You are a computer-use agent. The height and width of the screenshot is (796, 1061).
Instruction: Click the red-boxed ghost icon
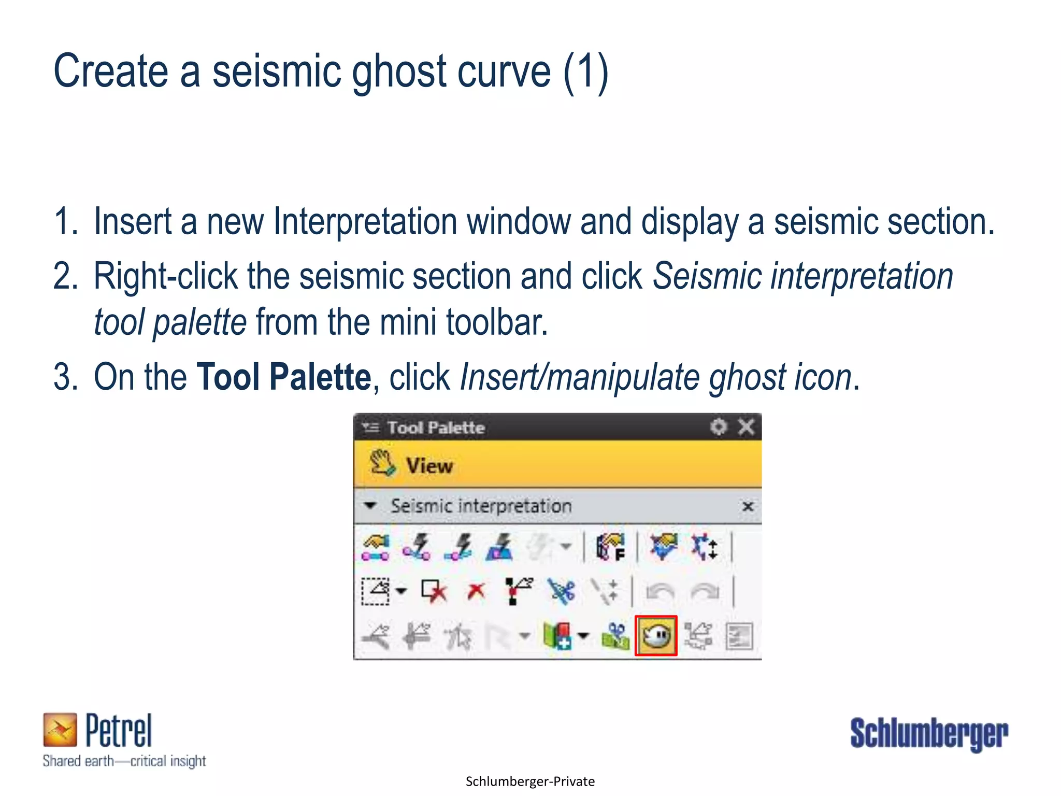(656, 635)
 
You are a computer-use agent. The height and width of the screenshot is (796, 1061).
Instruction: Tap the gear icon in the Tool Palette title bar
(719, 427)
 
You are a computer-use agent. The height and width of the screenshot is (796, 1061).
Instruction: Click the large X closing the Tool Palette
(746, 427)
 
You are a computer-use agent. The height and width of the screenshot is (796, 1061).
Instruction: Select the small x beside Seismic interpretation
(748, 506)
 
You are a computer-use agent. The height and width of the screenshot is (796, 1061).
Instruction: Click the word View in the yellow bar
(429, 465)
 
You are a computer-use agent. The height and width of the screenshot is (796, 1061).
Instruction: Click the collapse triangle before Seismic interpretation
(370, 505)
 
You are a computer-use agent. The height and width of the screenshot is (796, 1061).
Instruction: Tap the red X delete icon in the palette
(476, 591)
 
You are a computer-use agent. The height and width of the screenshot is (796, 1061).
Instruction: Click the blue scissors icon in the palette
(562, 591)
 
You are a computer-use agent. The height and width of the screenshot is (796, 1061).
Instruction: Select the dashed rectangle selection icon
(375, 591)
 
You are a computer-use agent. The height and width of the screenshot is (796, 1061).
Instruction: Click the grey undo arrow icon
(660, 591)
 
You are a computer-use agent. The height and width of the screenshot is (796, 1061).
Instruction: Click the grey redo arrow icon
(706, 591)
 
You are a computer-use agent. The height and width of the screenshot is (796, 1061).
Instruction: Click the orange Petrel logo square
(60, 729)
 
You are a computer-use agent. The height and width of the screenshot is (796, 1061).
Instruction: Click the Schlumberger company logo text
(929, 733)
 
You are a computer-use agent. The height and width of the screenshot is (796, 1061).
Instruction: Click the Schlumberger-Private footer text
(530, 781)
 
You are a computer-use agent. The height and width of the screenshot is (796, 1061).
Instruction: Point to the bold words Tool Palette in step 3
(284, 377)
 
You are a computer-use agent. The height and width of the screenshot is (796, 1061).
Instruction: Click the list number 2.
(65, 276)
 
